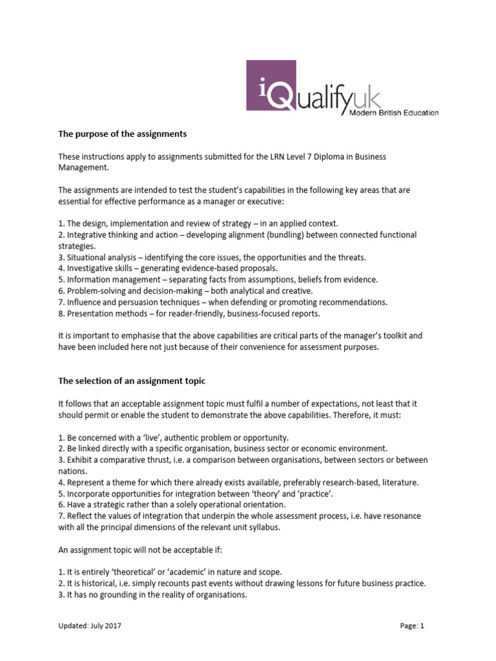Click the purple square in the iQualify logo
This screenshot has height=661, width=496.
point(272,85)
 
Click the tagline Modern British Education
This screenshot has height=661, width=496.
point(395,113)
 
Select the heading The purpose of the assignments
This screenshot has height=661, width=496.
point(122,134)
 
